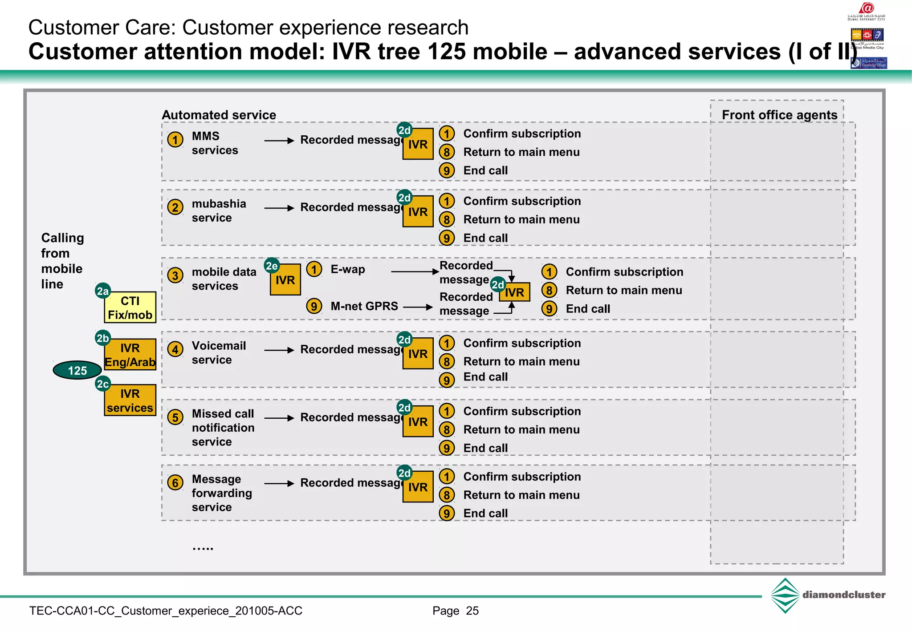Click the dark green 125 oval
pyautogui.click(x=77, y=370)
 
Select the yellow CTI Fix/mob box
pyautogui.click(x=130, y=307)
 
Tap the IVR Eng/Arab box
pyautogui.click(x=130, y=355)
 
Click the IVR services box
pyautogui.click(x=130, y=400)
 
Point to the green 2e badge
pyautogui.click(x=272, y=266)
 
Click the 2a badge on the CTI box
pyautogui.click(x=103, y=291)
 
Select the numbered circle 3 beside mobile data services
pyautogui.click(x=175, y=275)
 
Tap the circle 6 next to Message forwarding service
pyautogui.click(x=175, y=483)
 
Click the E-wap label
pyautogui.click(x=347, y=269)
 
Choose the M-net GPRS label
pyautogui.click(x=364, y=306)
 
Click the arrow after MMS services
pyautogui.click(x=279, y=141)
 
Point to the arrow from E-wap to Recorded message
pyautogui.click(x=415, y=271)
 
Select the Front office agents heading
pyautogui.click(x=779, y=115)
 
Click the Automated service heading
pyautogui.click(x=219, y=115)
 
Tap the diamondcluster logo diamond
pyautogui.click(x=785, y=595)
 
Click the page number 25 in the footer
pyautogui.click(x=472, y=611)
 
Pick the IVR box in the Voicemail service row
pyautogui.click(x=418, y=354)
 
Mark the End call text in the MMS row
pyautogui.click(x=485, y=170)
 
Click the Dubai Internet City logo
pyautogui.click(x=866, y=11)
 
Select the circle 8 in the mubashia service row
pyautogui.click(x=447, y=219)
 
